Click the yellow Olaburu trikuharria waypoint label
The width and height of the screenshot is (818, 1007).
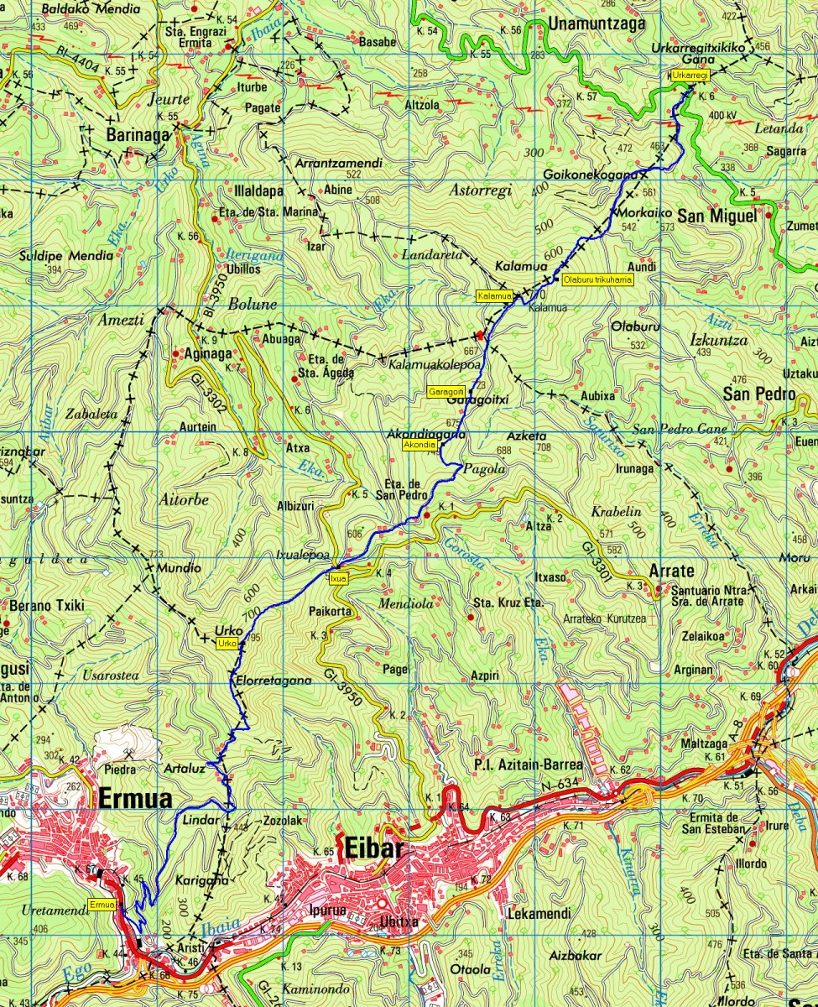pos(597,279)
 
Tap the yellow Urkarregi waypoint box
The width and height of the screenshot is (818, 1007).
pos(690,76)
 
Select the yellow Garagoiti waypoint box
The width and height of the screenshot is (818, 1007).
pos(446,392)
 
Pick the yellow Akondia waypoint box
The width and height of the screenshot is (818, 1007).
pos(419,445)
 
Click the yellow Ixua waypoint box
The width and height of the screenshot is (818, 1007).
pos(338,578)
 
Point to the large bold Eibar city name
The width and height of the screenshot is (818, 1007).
pos(373,850)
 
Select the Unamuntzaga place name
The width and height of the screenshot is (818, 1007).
pos(597,25)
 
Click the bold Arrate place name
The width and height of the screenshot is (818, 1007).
pos(671,571)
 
